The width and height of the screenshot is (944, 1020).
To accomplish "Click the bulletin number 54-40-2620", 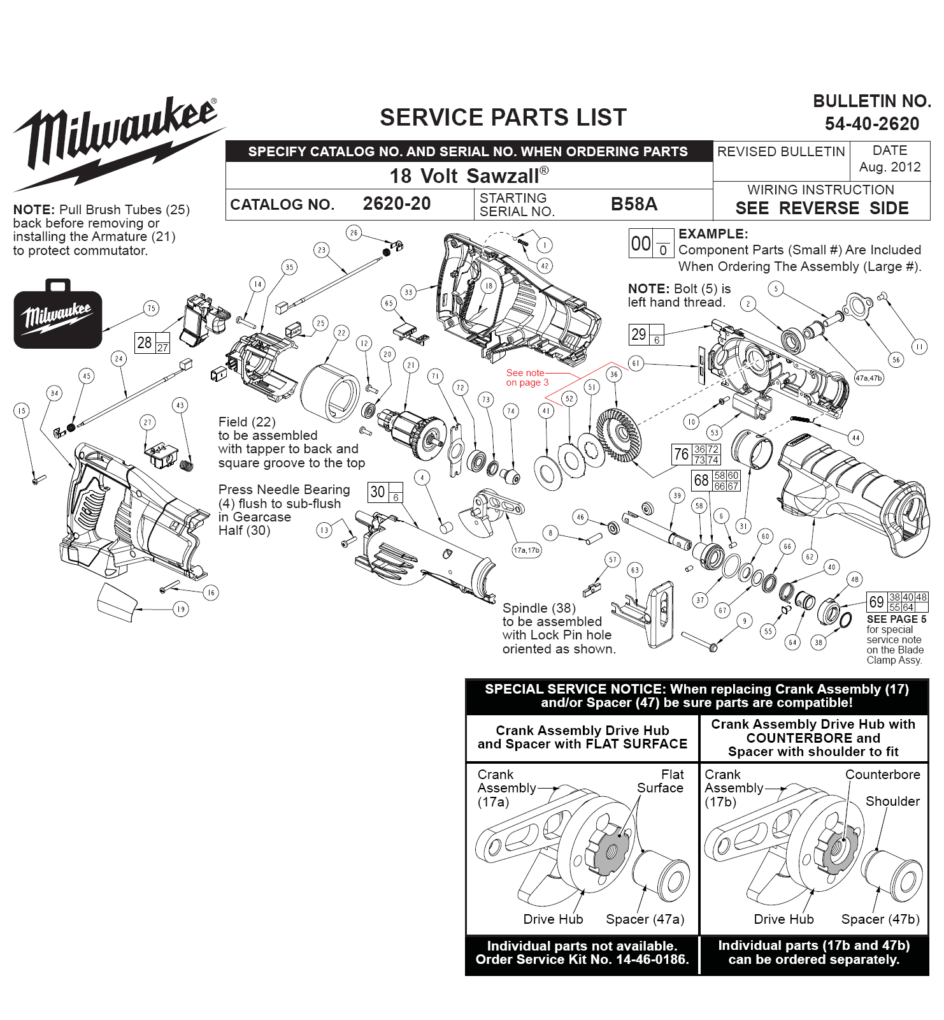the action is pos(871,124).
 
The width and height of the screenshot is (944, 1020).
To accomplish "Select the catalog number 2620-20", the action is pos(397,204).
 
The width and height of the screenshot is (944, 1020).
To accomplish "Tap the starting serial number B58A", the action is pos(634,204).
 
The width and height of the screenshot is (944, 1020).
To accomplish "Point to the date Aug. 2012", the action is pos(890,167).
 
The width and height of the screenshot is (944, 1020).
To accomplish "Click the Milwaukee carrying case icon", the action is pos(58,314).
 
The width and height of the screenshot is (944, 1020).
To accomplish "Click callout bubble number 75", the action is pos(151,309).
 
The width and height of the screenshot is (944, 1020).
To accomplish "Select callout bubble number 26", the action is pos(354,233).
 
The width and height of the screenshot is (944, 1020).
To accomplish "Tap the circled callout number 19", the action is pos(181,609).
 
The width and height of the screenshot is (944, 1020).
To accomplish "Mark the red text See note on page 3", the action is pos(527,377).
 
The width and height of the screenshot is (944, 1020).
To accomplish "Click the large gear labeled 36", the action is pos(619,436).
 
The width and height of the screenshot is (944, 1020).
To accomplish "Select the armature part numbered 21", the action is pos(412,433).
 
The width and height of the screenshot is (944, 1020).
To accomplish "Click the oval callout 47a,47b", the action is pos(869,378).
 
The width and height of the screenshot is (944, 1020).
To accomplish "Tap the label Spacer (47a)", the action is pos(645,919).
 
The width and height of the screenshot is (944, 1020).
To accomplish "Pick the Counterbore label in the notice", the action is pos(883,775).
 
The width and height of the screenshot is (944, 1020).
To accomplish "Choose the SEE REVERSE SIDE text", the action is pos(822,208).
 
